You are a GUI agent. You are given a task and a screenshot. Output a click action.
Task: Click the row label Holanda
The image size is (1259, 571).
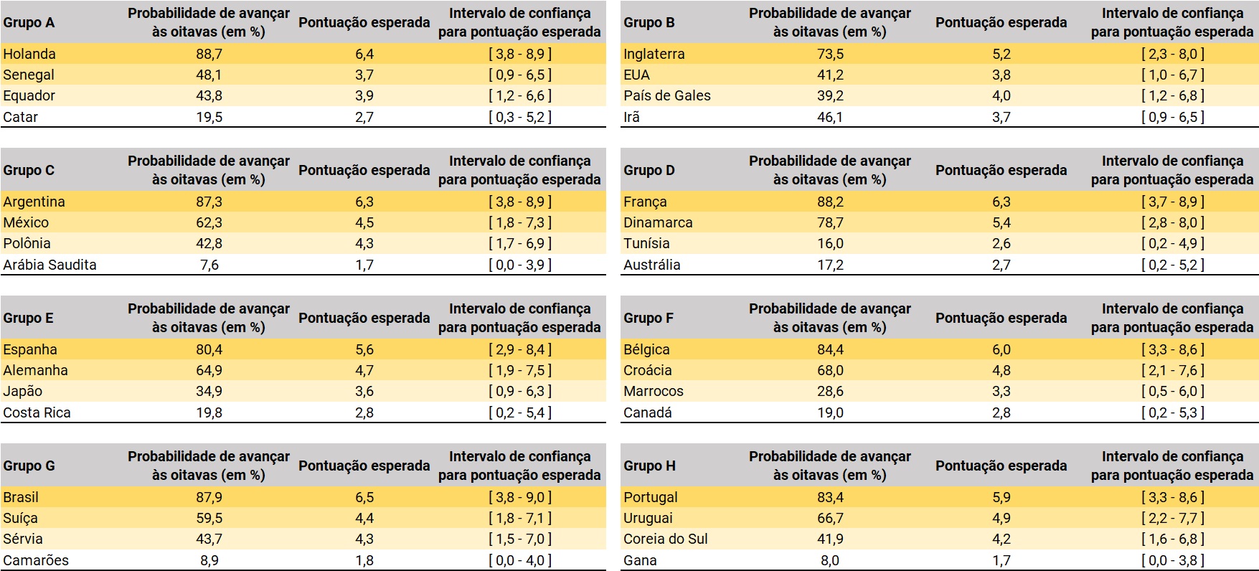point(29,54)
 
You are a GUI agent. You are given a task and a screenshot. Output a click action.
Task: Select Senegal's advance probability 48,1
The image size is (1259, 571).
point(209,75)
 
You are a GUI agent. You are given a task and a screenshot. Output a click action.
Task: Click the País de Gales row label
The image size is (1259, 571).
point(667,95)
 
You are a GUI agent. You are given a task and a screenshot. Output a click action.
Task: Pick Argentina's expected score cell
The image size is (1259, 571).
point(364,202)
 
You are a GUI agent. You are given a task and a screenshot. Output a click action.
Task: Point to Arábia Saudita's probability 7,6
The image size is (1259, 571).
point(209,265)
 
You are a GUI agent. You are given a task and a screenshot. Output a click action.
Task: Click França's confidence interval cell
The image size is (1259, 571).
point(1172,202)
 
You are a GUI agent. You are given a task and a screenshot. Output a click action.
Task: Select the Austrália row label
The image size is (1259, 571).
point(652,265)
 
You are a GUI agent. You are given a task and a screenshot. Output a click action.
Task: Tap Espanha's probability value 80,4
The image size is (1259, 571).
point(209,349)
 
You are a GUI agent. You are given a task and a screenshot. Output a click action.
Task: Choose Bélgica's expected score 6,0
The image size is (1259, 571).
point(1001,349)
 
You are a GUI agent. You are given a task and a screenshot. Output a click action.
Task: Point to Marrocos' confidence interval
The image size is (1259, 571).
point(1172,391)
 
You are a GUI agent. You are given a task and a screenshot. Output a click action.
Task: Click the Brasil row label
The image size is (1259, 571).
point(21,497)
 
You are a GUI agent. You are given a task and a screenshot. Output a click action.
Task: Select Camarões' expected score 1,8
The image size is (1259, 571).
point(364,560)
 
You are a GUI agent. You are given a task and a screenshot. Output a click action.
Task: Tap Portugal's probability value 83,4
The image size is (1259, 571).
point(830,497)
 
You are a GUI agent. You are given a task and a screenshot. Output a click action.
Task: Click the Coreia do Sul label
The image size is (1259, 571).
point(666,539)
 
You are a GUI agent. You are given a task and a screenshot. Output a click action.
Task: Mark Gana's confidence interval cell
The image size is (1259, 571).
point(1172,560)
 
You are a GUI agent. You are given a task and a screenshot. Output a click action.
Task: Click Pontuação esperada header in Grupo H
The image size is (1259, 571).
point(1001,466)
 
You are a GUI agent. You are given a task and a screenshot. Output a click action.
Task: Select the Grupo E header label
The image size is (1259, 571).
point(28,318)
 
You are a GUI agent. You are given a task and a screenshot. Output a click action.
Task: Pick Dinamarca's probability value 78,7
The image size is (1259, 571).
point(830,222)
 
